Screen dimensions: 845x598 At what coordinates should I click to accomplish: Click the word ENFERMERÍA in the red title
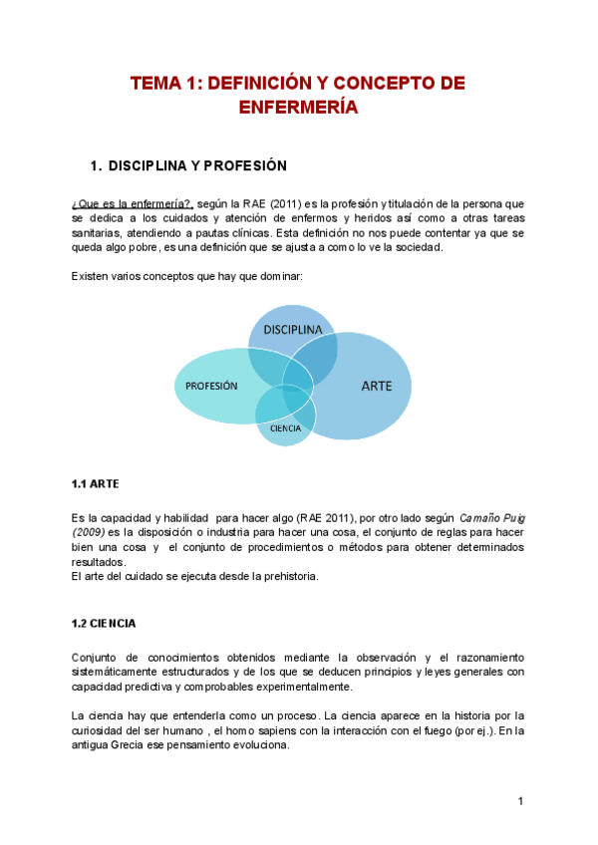298,107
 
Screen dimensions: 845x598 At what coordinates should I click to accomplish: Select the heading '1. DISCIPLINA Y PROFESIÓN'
188,164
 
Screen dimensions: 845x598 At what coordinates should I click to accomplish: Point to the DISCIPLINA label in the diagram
292,329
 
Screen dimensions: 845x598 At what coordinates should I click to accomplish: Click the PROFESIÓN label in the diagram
211,386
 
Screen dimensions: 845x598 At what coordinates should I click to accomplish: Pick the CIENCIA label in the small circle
285,427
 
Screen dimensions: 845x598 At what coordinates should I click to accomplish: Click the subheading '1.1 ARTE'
95,484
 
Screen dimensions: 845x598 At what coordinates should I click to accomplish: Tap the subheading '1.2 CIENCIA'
104,624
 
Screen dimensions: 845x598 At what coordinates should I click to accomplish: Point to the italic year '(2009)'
88,532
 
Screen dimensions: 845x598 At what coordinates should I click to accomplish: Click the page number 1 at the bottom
520,801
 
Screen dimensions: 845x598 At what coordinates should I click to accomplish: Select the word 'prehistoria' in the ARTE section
286,575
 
